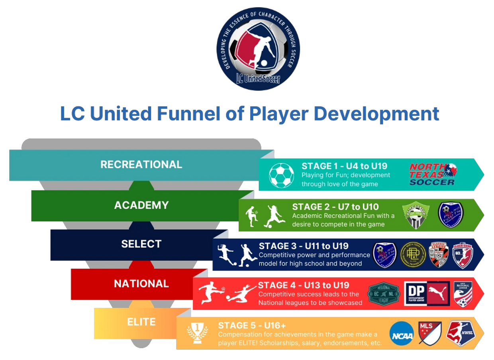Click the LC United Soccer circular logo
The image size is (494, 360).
point(258,49)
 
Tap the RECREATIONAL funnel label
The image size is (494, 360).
point(141,164)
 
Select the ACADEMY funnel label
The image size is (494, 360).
point(141,205)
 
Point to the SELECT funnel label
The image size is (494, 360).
point(141,244)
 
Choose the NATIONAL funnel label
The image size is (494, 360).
point(141,284)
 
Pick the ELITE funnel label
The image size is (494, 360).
point(141,322)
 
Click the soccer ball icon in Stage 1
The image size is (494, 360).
point(281,175)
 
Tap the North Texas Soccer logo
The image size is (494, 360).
point(433,174)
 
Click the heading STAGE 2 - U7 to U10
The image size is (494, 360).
point(335,207)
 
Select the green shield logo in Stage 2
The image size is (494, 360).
point(416,215)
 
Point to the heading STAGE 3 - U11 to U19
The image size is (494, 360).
point(304,246)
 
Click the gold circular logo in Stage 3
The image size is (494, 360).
point(413,254)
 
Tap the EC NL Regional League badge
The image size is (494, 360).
point(383,294)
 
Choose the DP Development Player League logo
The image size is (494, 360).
point(427,293)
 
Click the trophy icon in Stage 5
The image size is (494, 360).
point(197,333)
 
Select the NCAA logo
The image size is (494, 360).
point(401,333)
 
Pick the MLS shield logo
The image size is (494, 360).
point(429,333)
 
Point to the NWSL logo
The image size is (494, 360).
point(460,333)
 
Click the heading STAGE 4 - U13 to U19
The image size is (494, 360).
point(304,285)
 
